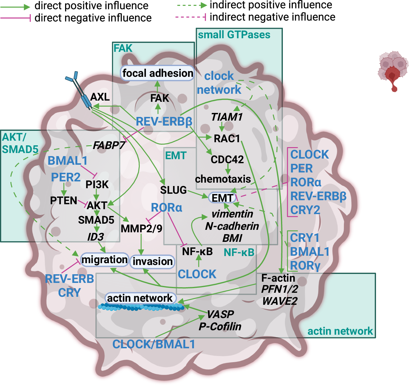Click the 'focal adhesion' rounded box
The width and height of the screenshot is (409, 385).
coord(157,73)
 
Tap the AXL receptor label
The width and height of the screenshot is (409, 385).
coord(100,97)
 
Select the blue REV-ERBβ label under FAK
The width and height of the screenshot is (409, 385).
coord(164,122)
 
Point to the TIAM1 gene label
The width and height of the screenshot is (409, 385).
coord(227,117)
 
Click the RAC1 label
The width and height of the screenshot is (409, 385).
coord(227,139)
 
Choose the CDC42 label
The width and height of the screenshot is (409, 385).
coord(227,159)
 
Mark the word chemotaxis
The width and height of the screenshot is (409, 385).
coord(223,179)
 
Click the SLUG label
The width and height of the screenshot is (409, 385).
coord(173,190)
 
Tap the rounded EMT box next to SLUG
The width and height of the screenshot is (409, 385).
coord(223,198)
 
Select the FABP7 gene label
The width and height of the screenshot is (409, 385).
coord(109,145)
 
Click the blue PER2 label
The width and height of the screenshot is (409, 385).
coord(66,177)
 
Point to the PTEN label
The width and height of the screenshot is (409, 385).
coord(64,201)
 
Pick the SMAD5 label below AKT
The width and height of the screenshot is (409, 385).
coord(96,220)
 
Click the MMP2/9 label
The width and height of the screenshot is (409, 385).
coord(141,229)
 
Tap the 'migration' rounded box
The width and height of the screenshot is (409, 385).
coord(104,260)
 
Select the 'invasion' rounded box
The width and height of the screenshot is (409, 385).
coord(152,262)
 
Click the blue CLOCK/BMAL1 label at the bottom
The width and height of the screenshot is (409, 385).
coord(154,344)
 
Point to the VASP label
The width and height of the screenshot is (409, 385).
coord(220,314)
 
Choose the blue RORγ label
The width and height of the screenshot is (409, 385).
coord(305,265)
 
